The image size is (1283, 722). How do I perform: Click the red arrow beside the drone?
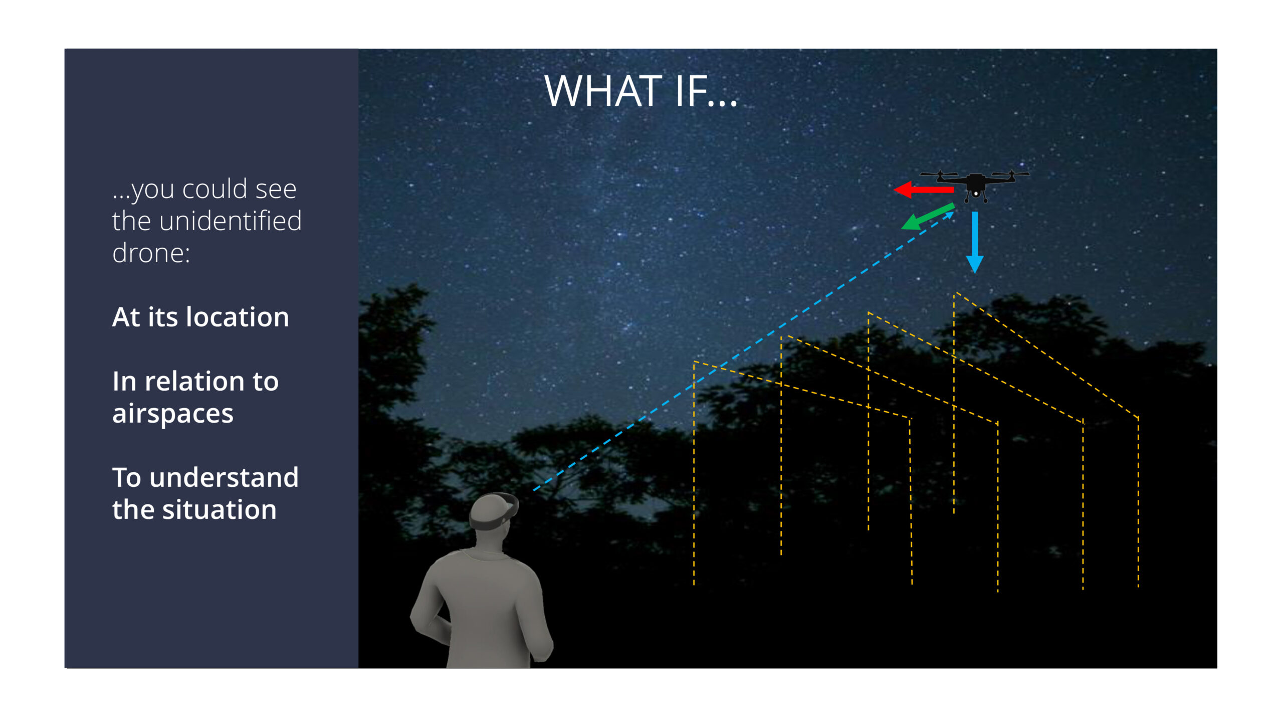[x=924, y=190]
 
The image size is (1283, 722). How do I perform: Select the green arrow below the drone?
[x=927, y=217]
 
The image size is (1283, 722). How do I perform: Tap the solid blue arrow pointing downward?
[x=975, y=242]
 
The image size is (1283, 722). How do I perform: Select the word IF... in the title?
[x=706, y=91]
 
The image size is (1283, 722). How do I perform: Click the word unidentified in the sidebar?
[x=230, y=221]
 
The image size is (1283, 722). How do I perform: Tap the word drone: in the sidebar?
[x=151, y=253]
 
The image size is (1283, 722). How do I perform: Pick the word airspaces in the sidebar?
[x=172, y=414]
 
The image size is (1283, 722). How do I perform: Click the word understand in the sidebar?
[x=224, y=477]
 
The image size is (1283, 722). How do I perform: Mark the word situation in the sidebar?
[x=219, y=509]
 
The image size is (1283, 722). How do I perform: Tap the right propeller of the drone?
[x=1011, y=174]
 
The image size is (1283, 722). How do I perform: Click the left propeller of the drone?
[x=939, y=174]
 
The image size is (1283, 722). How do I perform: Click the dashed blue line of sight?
[x=743, y=351]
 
